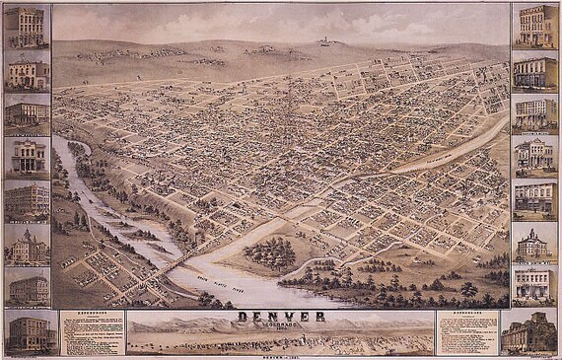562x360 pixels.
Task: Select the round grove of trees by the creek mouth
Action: pos(268,254)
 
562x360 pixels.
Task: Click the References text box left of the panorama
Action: pos(91,331)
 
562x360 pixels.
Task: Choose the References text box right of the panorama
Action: pos(467,331)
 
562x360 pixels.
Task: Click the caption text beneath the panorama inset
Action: pos(280,356)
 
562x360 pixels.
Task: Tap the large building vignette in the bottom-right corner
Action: pos(530,332)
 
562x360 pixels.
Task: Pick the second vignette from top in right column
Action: pos(535,71)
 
